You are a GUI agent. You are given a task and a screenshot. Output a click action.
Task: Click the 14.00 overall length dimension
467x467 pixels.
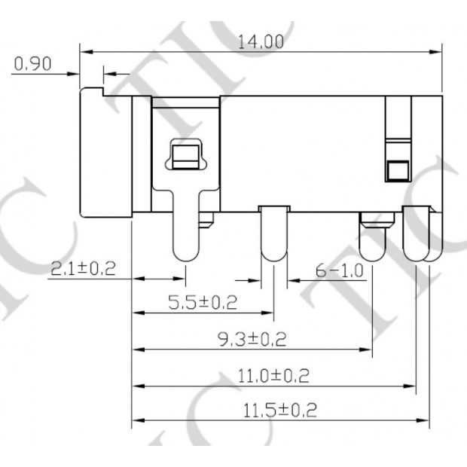(261, 43)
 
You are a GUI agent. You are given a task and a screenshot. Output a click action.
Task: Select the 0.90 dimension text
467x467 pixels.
(32, 65)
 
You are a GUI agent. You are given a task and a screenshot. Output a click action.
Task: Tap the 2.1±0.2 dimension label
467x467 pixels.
(83, 269)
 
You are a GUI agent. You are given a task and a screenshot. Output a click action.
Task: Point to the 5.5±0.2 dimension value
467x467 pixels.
(202, 303)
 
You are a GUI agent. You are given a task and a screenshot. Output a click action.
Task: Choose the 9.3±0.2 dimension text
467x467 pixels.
(252, 340)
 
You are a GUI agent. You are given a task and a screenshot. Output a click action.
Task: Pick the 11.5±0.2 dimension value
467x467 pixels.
(279, 411)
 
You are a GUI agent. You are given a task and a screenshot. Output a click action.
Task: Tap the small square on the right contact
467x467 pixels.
(395, 171)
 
